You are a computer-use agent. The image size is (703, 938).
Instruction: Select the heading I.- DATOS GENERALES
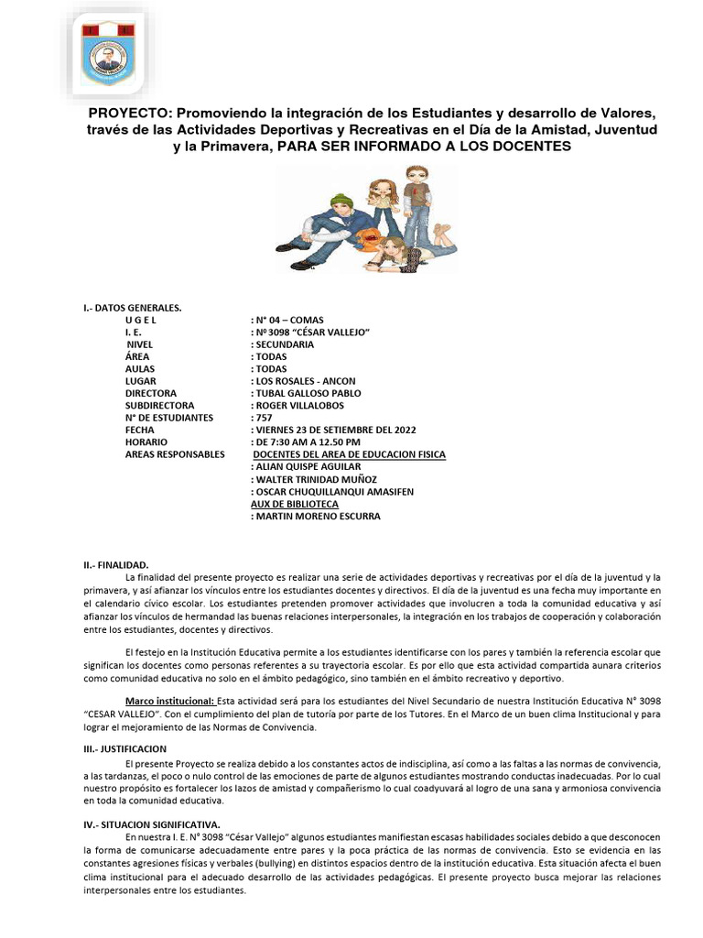[x=133, y=308]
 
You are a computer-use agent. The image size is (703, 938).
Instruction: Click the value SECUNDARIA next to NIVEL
[x=283, y=344]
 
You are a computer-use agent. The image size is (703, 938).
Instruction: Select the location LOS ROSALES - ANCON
[x=303, y=381]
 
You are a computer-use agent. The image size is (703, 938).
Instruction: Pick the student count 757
[x=261, y=418]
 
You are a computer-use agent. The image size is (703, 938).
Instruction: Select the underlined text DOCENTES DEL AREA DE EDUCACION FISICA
[x=349, y=454]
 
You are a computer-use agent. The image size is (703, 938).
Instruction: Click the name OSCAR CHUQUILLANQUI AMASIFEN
[x=332, y=492]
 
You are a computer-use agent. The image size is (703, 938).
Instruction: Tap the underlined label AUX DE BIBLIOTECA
[x=294, y=504]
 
